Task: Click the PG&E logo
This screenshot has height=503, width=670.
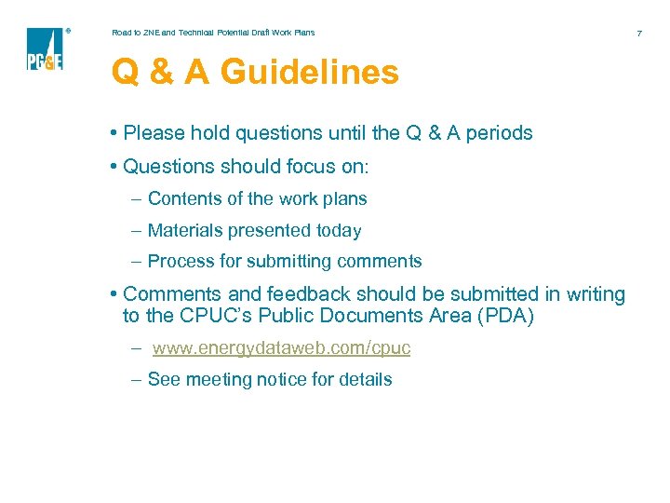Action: click(45, 49)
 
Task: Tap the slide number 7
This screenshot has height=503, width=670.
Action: click(639, 34)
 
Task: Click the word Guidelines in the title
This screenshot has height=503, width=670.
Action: click(309, 73)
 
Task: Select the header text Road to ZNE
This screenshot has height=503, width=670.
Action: click(136, 33)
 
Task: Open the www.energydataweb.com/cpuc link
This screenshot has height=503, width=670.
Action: click(281, 348)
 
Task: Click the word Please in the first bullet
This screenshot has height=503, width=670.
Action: click(154, 133)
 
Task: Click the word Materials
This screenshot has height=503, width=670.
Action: click(182, 230)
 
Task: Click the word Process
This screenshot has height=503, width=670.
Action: click(181, 262)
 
